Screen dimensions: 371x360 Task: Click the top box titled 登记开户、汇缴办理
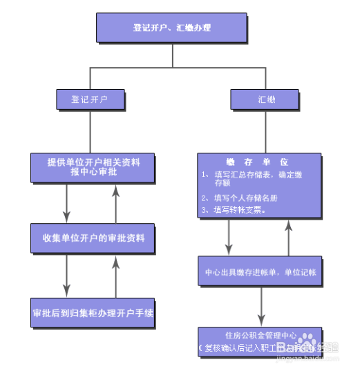(x=171, y=28)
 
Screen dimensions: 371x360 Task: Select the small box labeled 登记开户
(x=90, y=99)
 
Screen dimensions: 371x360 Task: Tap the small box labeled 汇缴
(x=266, y=99)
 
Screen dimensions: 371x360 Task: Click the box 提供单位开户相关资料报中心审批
(x=93, y=167)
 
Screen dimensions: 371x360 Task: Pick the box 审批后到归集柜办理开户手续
(x=93, y=313)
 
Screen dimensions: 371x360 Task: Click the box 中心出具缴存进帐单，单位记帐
(x=260, y=272)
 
